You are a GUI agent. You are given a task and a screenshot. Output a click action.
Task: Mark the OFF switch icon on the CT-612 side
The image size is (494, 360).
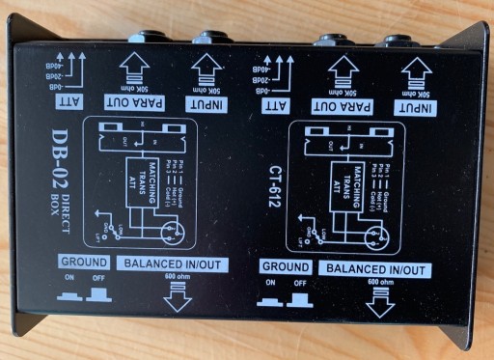(299, 299)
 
